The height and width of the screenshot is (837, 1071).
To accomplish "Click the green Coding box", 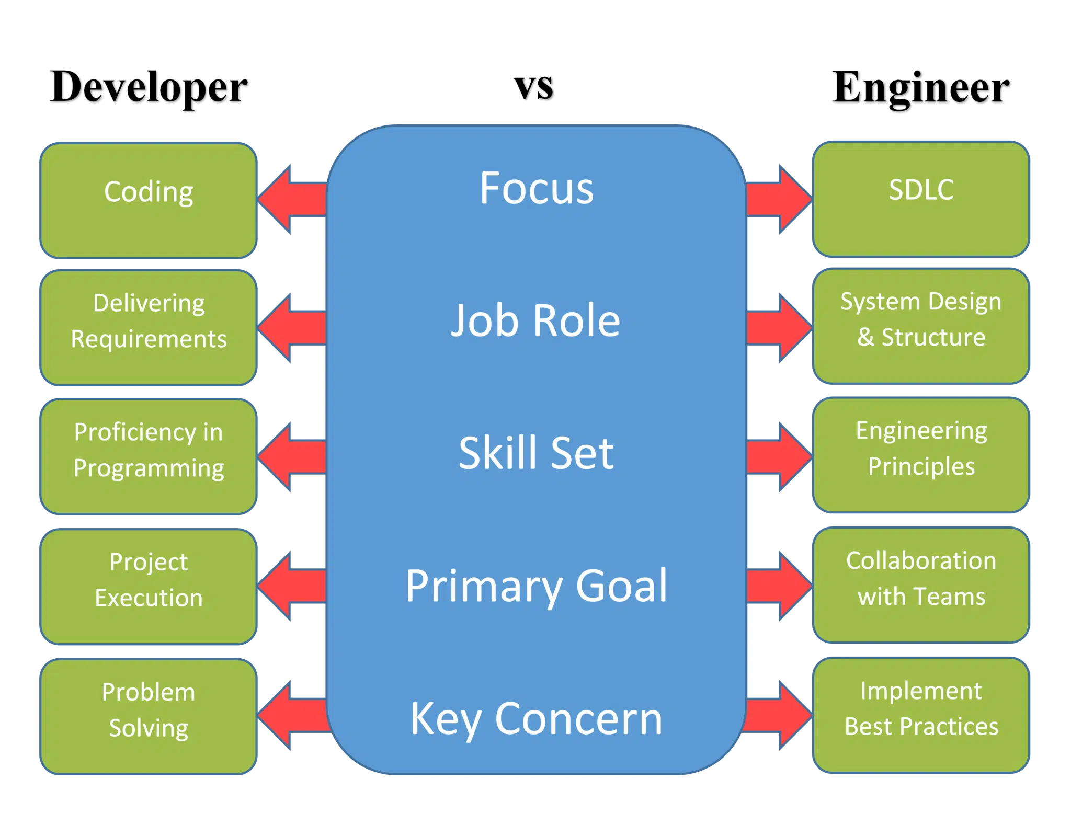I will coord(149,200).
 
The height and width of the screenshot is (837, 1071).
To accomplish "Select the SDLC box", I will coord(921,199).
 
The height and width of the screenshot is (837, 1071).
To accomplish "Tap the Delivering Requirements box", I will coord(149,328).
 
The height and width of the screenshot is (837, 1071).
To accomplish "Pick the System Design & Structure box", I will coord(921,326).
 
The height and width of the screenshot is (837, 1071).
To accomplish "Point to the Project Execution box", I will coord(149,586).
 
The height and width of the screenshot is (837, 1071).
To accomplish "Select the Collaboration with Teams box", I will coord(921,585).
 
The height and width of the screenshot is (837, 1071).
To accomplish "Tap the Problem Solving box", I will coord(149,716).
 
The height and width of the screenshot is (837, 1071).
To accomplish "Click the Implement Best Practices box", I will coord(921,715).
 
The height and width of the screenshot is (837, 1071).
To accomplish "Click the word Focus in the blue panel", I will coord(537,188).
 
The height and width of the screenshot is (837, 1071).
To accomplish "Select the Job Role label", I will coord(535,320).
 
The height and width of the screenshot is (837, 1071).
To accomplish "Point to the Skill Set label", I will coord(536,453).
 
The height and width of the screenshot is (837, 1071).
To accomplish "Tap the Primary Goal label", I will coord(537,586).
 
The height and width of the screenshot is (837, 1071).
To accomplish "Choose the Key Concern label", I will coord(537,719).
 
